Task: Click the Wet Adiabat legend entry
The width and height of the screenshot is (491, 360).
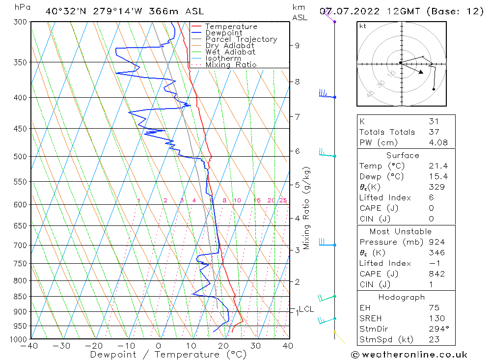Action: click(x=230, y=52)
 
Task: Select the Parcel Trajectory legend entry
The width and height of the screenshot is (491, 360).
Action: click(x=241, y=39)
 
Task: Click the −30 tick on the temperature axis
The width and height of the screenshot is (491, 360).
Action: click(x=62, y=346)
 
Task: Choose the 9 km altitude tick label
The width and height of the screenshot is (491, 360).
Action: click(x=297, y=46)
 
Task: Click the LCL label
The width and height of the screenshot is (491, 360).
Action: click(x=306, y=309)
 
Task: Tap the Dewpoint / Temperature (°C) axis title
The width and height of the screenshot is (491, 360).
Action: click(x=162, y=355)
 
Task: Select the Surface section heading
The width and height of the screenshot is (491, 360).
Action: click(x=403, y=156)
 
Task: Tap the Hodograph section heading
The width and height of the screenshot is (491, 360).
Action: click(x=402, y=298)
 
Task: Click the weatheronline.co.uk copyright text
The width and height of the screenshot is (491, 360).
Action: click(x=409, y=354)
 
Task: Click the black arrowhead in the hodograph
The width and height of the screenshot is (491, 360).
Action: click(x=420, y=72)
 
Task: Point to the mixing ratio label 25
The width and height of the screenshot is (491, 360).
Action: click(x=283, y=200)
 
